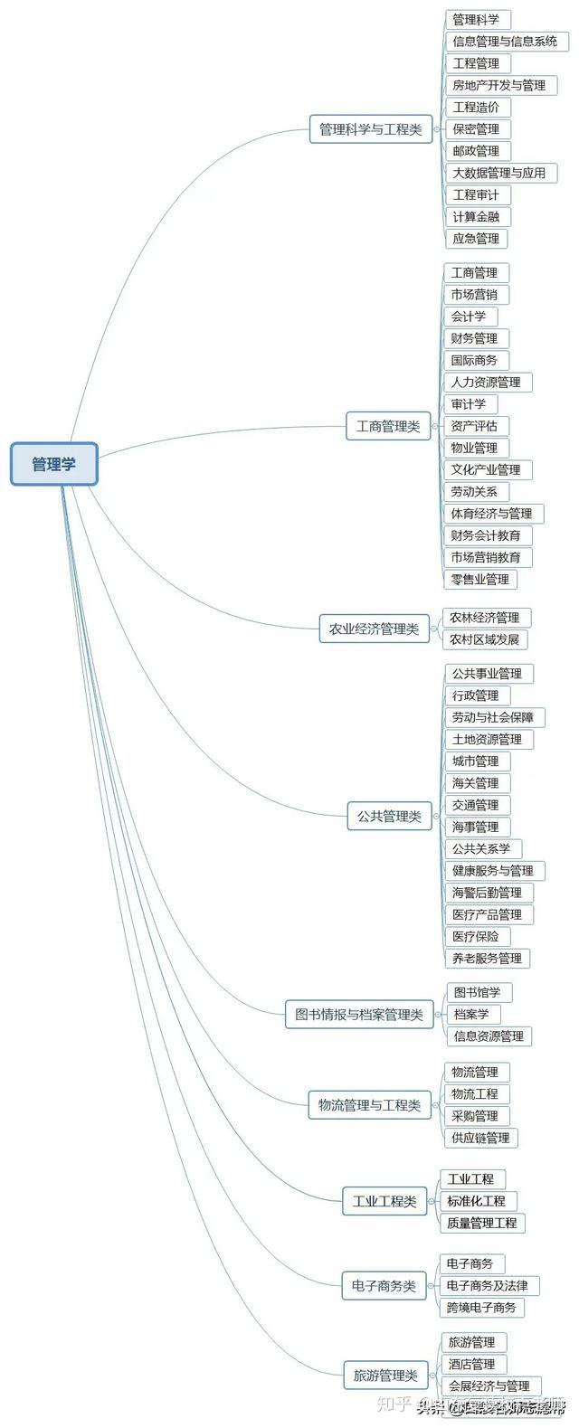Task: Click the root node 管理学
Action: click(x=54, y=464)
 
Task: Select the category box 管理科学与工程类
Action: click(x=370, y=129)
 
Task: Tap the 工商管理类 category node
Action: click(x=388, y=426)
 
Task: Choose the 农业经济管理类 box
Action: click(x=374, y=629)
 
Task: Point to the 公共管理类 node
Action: click(x=389, y=816)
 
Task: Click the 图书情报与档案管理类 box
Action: click(x=358, y=1015)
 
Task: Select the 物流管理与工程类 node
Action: click(x=369, y=1105)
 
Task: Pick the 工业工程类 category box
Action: click(x=384, y=1202)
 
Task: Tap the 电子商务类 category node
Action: click(x=384, y=1285)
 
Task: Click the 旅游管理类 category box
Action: click(x=385, y=1376)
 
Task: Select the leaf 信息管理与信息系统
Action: click(x=505, y=42)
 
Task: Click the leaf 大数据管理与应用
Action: click(x=499, y=173)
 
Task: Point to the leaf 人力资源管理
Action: click(x=486, y=383)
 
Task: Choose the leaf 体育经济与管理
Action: click(x=491, y=514)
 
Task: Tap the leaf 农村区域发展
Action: click(x=484, y=639)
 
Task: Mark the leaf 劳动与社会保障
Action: click(x=493, y=717)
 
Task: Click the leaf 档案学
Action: click(x=471, y=1014)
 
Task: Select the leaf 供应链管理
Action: click(x=480, y=1138)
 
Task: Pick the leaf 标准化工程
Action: click(x=476, y=1201)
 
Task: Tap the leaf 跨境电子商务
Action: click(x=481, y=1307)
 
